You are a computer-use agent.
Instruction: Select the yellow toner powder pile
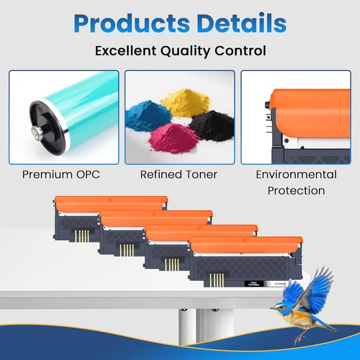coord(184,103)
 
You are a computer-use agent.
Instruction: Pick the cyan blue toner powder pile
coord(148,116)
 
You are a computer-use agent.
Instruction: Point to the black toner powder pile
coord(211,125)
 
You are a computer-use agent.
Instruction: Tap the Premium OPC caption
coord(61,174)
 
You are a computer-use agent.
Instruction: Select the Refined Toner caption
coord(178,174)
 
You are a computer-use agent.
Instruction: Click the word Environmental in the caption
coord(296,174)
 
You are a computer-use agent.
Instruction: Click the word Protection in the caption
coord(296,190)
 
